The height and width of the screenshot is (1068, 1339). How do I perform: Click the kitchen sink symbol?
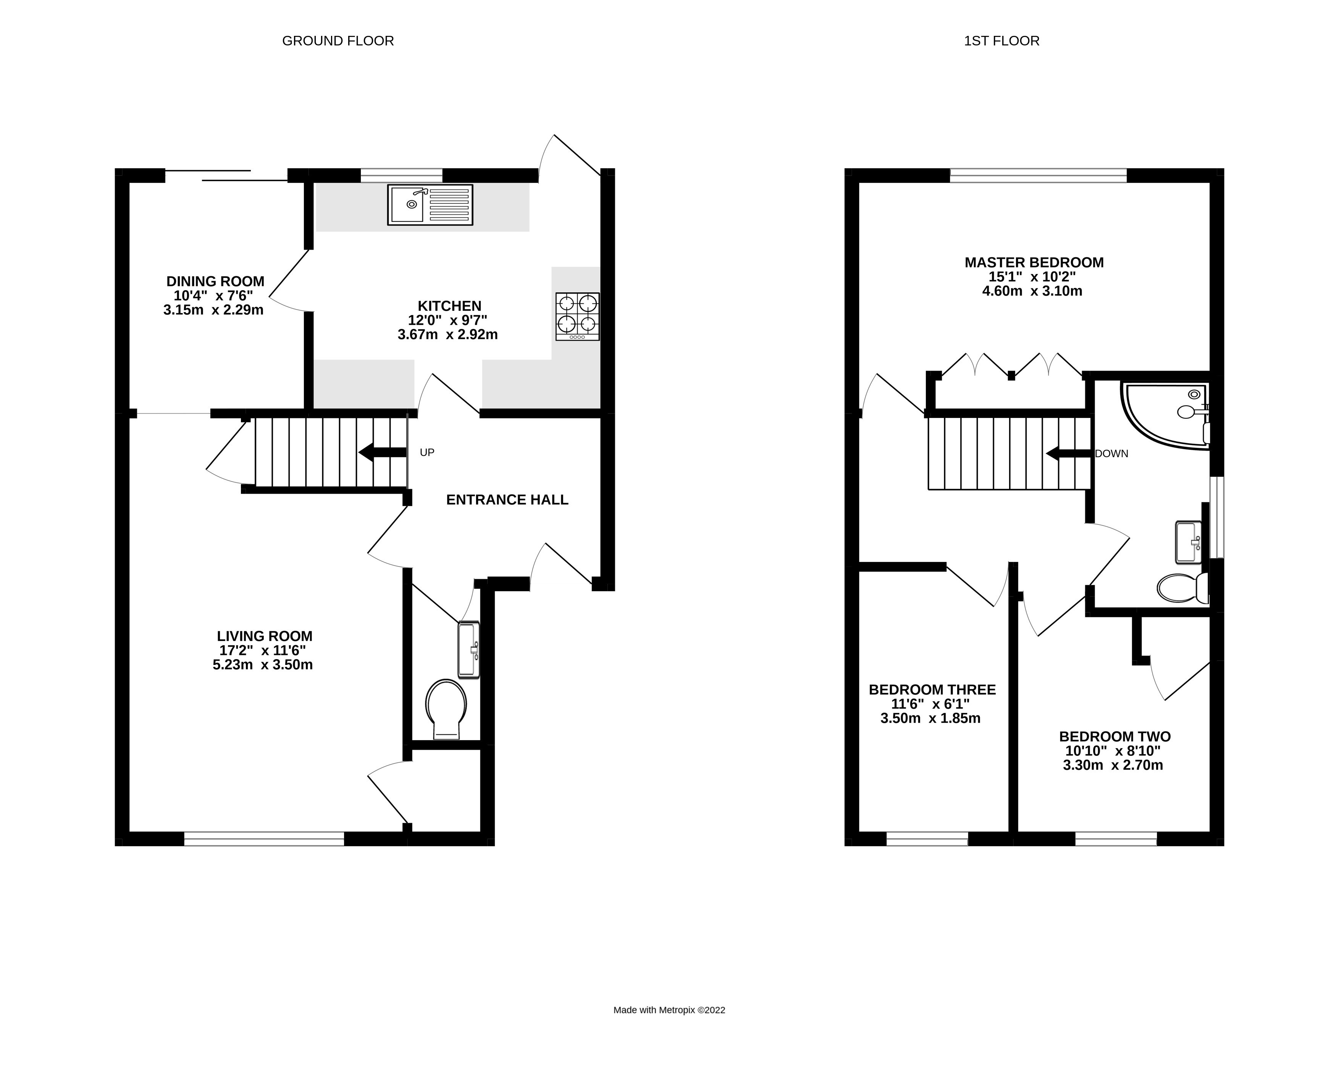pos(430,205)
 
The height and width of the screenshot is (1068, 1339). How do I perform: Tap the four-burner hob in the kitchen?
pos(578,316)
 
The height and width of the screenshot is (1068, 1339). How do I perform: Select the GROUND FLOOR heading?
pos(338,41)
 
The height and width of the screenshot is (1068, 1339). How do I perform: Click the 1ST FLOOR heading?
pos(1001,41)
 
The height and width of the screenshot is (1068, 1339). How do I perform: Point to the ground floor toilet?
pos(446,708)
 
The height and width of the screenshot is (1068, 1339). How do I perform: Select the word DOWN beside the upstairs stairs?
pos(1111,454)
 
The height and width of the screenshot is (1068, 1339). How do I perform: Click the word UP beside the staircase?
pos(426,453)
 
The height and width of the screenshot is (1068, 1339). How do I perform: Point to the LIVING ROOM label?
pos(265,636)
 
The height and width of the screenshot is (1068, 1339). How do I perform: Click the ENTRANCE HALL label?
pos(507,500)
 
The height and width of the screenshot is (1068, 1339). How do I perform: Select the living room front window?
pos(264,839)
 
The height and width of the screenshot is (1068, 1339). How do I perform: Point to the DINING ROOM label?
pos(215,281)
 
